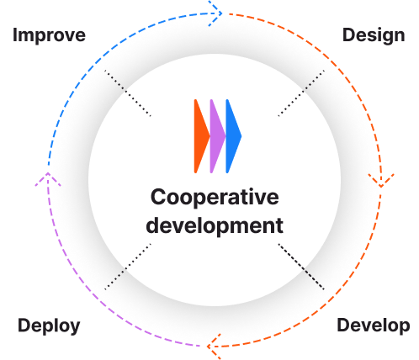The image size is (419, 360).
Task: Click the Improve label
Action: click(x=50, y=35)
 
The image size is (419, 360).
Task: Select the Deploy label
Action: click(x=50, y=326)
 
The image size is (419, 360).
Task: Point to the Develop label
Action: click(x=373, y=326)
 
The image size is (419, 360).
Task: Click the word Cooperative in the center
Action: click(x=214, y=198)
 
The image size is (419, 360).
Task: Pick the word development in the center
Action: click(x=214, y=225)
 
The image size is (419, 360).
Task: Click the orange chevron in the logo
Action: click(x=200, y=135)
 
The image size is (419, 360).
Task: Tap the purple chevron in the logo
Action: click(x=216, y=135)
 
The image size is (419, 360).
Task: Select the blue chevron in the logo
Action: click(x=233, y=135)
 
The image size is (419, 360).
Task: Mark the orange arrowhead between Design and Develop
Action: click(x=380, y=179)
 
